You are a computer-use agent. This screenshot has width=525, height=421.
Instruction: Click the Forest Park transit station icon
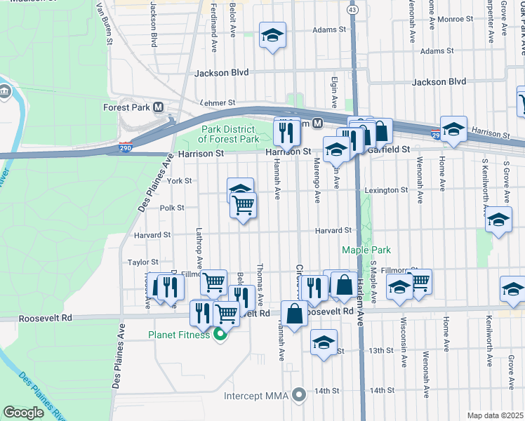coord(159,107)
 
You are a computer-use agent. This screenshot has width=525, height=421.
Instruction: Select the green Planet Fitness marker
coord(220,335)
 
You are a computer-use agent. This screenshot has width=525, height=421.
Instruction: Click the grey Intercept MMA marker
coord(300,396)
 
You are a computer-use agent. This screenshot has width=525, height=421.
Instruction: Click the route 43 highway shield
coord(352,9)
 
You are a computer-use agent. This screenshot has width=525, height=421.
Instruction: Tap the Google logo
coord(23,413)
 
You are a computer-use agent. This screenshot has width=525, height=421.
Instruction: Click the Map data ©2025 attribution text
coord(495,415)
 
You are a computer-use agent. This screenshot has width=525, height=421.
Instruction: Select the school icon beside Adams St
coord(272,35)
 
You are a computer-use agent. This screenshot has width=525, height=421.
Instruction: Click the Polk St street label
coord(171,208)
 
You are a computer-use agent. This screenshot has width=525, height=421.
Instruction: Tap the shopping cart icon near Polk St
coord(243,206)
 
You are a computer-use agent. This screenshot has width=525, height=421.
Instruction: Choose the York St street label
coord(179,180)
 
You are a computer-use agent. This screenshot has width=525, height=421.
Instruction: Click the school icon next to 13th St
coord(323,343)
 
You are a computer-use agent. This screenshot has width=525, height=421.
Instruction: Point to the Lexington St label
coord(385,190)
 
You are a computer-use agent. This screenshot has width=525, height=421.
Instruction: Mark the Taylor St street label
coord(138,262)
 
